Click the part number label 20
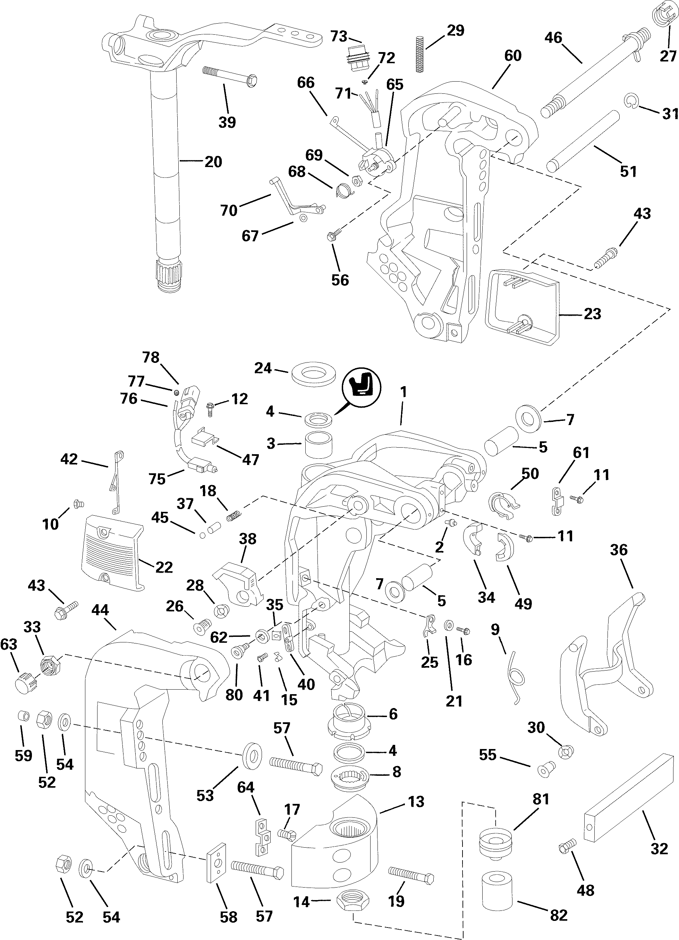(213, 161)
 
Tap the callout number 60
(512, 56)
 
